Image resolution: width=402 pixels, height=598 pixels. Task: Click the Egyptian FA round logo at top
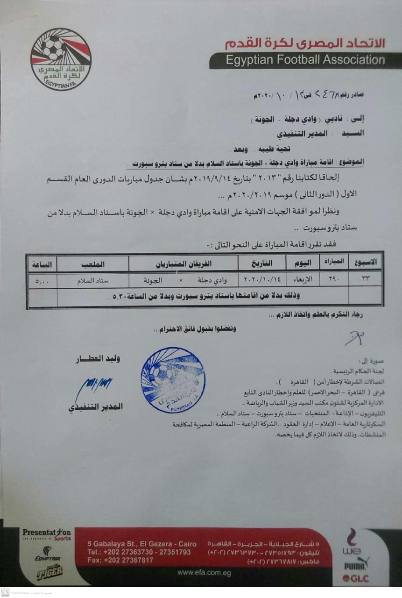(61, 59)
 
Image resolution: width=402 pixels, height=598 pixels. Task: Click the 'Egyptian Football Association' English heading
(305, 60)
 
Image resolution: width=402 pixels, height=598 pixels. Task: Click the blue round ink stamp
(173, 380)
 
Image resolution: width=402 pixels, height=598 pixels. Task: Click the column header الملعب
(93, 264)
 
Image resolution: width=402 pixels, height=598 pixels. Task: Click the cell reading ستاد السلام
(93, 280)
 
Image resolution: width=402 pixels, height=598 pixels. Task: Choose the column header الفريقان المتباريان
(183, 264)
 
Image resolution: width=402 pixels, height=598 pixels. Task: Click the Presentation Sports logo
(47, 534)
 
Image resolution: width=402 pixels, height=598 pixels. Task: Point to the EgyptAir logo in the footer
(47, 554)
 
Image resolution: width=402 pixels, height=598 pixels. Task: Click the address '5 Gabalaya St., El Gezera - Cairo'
(141, 544)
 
